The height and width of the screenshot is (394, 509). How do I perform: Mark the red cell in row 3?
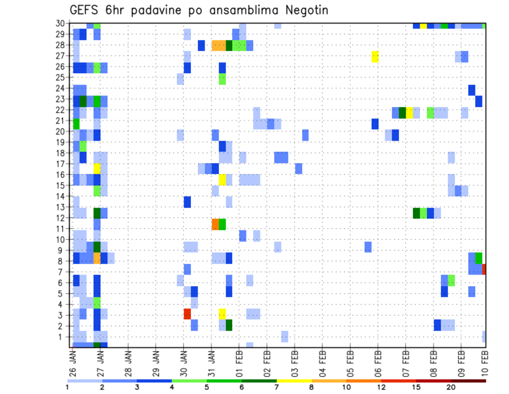pyautogui.click(x=187, y=314)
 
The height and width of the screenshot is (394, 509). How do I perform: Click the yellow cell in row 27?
pyautogui.click(x=375, y=56)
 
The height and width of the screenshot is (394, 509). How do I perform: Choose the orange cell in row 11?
pyautogui.click(x=215, y=224)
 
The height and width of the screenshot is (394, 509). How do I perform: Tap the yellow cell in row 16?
pyautogui.click(x=222, y=179)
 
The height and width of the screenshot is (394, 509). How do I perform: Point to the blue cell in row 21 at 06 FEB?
pyautogui.click(x=375, y=124)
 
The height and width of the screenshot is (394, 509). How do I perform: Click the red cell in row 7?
pyautogui.click(x=484, y=269)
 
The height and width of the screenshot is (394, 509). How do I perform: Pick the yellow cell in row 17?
pyautogui.click(x=97, y=169)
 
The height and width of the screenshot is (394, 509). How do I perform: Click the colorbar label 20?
pyautogui.click(x=451, y=387)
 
